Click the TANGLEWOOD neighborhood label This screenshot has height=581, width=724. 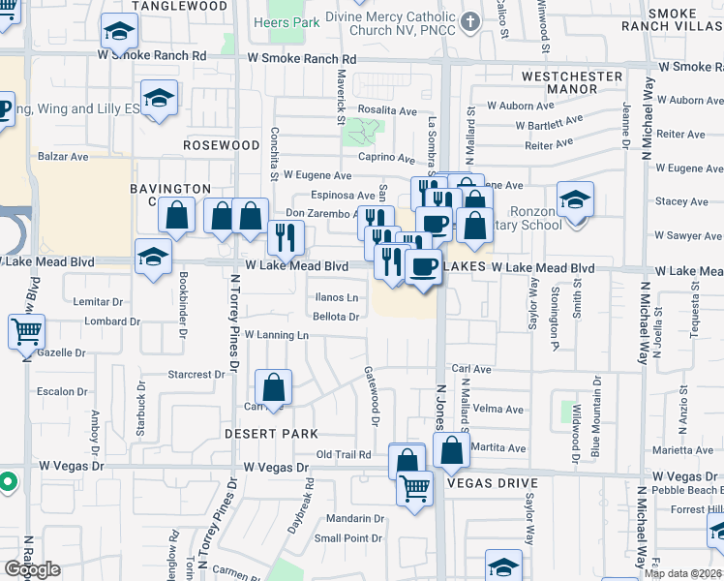point(171,6)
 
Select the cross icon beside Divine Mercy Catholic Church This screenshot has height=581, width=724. point(469,21)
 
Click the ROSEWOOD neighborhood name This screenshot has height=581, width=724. point(222,145)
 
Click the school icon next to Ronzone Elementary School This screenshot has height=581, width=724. point(575,199)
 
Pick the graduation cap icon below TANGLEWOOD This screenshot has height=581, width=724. point(119,35)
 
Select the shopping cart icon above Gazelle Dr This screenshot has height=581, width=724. point(26,331)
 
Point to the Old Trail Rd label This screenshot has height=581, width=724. point(344,454)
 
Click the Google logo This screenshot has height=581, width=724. point(32,569)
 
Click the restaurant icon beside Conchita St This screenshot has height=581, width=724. point(286,235)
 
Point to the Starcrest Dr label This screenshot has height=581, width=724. point(196,374)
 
